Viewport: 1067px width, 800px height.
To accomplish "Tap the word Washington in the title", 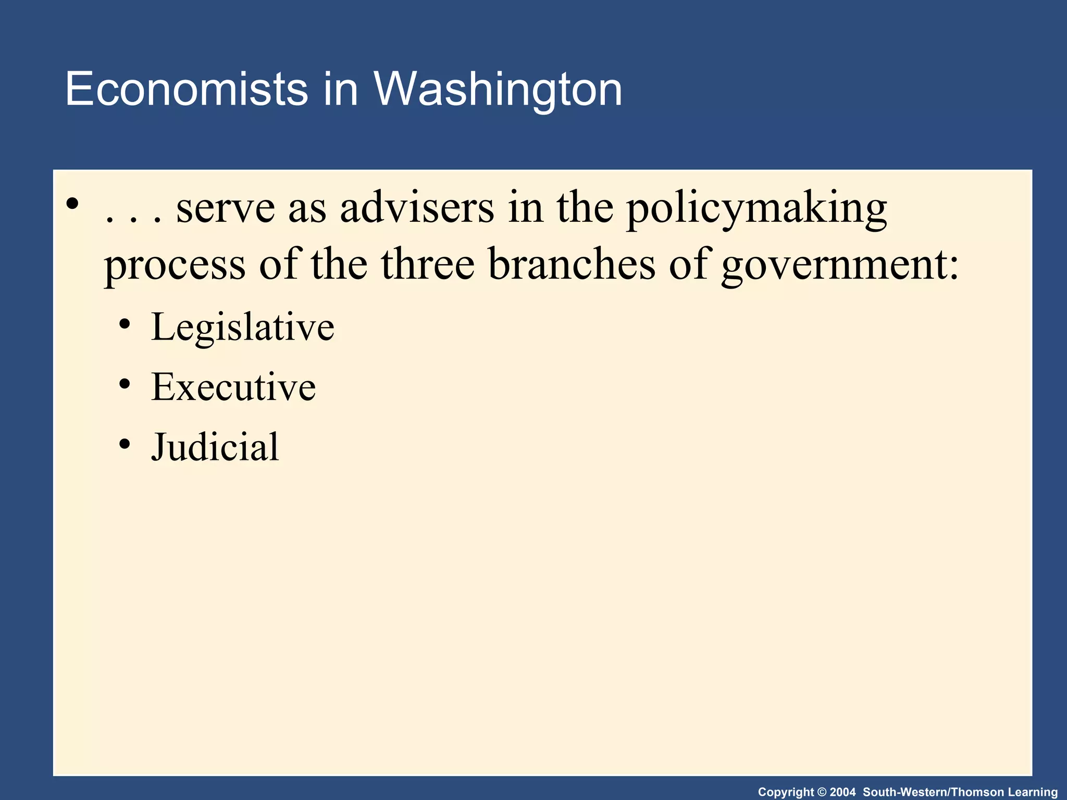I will coord(498,90).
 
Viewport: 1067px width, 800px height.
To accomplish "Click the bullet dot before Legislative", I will coord(125,324).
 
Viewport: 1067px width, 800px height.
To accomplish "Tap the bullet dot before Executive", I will coord(125,384).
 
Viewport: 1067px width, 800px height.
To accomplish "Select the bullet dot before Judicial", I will coord(125,444).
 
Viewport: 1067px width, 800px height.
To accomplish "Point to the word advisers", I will coord(417,208).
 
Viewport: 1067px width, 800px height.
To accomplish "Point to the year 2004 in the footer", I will coord(842,792).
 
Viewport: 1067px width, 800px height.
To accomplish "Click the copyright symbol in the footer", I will coord(822,792).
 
